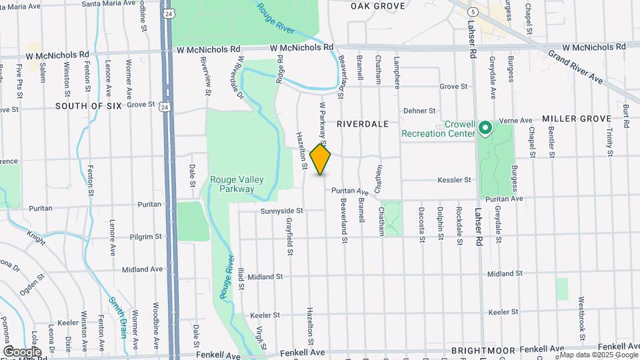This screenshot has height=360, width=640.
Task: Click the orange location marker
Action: click(x=321, y=160)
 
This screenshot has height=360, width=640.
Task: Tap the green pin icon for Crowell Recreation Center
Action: click(x=485, y=127)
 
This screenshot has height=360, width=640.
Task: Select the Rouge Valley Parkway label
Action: click(x=232, y=184)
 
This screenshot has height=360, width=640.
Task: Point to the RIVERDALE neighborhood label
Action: click(x=363, y=124)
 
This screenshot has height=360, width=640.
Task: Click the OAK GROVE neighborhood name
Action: click(x=378, y=6)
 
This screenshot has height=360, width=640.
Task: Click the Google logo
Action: click(x=22, y=351)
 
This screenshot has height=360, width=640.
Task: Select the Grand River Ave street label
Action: click(x=575, y=67)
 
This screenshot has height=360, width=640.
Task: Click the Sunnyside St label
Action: click(x=281, y=211)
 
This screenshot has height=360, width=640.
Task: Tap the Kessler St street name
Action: click(x=454, y=180)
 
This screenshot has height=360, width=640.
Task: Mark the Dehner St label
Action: click(x=419, y=111)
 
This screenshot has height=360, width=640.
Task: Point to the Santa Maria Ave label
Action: click(x=108, y=4)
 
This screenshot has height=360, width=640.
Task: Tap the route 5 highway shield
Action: click(x=473, y=12)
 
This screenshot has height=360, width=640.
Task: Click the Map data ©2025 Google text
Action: click(x=598, y=354)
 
